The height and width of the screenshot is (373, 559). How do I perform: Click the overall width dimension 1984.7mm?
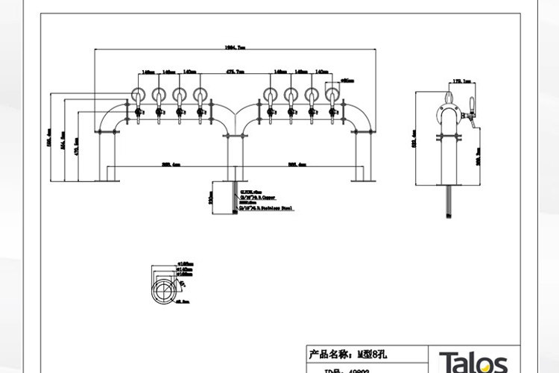point(236,46)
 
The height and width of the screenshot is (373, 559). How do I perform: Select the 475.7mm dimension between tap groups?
point(235,72)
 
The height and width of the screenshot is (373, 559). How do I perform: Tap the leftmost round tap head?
point(139,95)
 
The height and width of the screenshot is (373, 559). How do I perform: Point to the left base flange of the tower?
point(110,179)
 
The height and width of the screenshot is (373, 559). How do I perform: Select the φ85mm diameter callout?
point(347,79)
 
